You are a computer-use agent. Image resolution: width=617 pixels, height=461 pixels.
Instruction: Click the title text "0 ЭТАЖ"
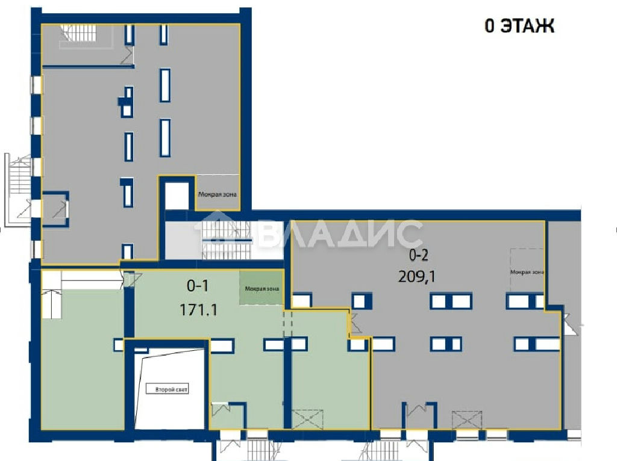519,26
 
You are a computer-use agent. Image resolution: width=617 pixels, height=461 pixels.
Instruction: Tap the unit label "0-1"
198,286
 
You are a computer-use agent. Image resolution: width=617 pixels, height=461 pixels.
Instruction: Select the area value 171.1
198,310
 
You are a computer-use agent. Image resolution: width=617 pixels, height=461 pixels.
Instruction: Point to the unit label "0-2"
418,255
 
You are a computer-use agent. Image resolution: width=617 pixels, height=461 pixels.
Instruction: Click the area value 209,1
417,277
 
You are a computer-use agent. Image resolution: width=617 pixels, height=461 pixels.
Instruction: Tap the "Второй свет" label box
168,389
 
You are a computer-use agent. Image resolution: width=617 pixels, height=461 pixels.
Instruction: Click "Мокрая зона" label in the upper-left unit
217,194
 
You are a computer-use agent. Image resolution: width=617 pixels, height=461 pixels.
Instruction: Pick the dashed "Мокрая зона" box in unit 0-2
527,271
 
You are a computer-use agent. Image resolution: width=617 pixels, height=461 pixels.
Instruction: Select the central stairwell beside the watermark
227,240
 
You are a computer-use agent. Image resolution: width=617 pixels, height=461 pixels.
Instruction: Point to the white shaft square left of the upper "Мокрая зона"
177,196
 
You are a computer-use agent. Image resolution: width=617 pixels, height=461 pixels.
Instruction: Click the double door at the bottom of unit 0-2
419,415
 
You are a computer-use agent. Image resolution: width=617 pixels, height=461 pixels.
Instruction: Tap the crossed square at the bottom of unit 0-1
307,419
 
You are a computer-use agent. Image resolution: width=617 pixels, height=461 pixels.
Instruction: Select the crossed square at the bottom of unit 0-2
467,419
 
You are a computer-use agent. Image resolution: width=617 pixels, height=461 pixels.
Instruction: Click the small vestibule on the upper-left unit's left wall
55,209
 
